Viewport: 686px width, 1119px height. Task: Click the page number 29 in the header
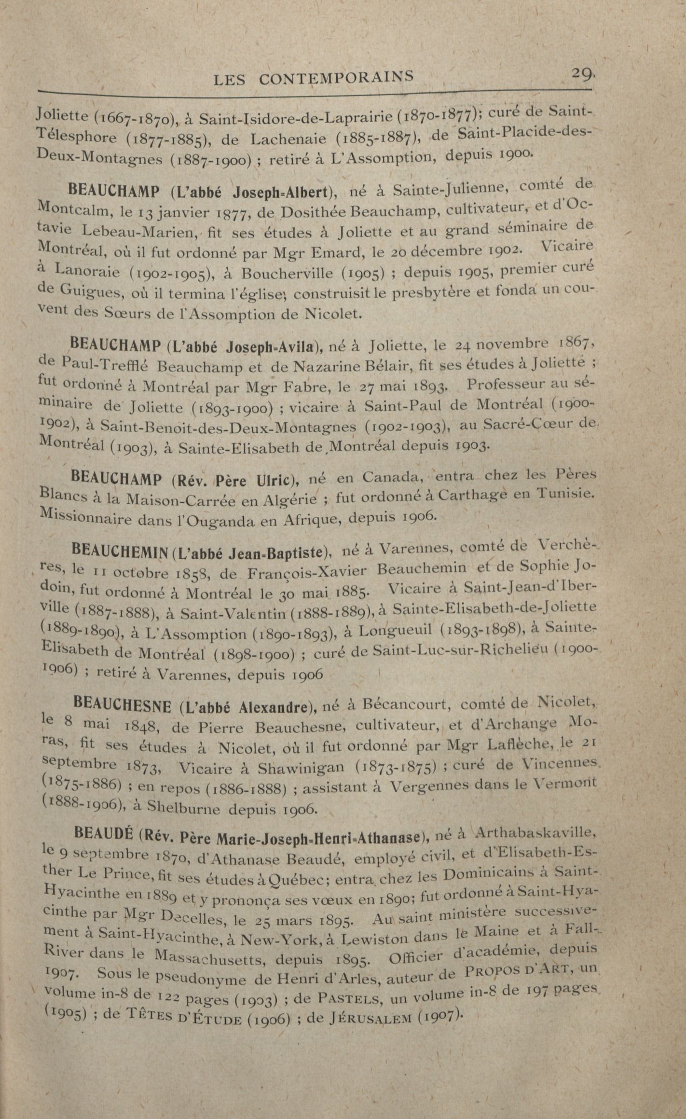pyautogui.click(x=583, y=74)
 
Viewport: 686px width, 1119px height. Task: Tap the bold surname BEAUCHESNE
pyautogui.click(x=124, y=706)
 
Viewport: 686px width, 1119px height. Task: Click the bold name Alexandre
pyautogui.click(x=274, y=707)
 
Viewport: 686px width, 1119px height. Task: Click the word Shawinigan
pyautogui.click(x=301, y=768)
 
